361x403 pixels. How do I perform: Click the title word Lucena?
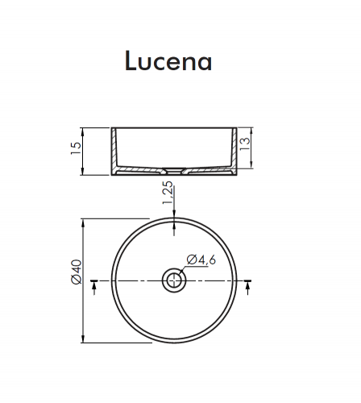(168, 61)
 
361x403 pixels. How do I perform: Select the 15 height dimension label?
(76, 148)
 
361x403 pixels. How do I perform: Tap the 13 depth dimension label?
(244, 144)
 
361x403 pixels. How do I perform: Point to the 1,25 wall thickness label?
(168, 193)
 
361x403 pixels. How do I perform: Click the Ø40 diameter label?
(77, 272)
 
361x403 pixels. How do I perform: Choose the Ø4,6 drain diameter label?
(201, 260)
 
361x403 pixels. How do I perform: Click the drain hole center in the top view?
(174, 280)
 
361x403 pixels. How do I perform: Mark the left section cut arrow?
(93, 287)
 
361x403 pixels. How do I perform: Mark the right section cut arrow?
(247, 287)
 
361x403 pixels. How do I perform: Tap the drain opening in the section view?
(174, 171)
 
